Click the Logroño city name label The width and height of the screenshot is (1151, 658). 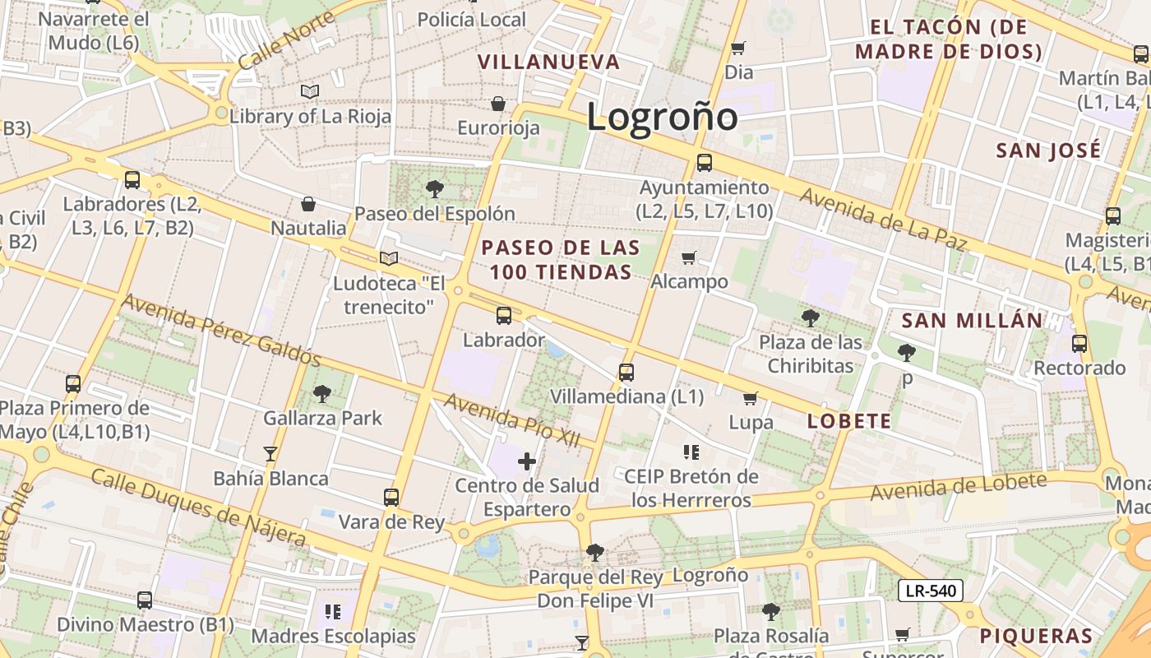click(662, 116)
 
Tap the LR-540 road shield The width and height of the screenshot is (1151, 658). click(930, 591)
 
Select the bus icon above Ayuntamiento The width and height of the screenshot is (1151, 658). click(705, 163)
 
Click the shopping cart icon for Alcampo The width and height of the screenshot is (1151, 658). click(689, 258)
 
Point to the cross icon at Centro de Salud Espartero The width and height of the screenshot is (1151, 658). click(527, 461)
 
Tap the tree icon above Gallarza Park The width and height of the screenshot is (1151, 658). click(322, 394)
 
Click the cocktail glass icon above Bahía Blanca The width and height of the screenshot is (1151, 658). click(270, 454)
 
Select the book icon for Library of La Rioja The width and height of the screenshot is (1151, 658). click(309, 91)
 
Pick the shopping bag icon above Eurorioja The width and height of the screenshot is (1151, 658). click(498, 104)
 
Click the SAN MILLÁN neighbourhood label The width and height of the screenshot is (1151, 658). click(972, 320)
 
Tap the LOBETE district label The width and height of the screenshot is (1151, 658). click(849, 421)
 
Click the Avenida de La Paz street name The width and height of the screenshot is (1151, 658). click(882, 220)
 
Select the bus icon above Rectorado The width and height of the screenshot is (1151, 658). click(1079, 344)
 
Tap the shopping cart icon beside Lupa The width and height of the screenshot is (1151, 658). click(750, 399)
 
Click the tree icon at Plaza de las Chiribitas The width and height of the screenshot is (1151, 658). click(811, 318)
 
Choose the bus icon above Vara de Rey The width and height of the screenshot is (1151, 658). click(391, 498)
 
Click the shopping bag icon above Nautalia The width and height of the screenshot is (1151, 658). click(308, 204)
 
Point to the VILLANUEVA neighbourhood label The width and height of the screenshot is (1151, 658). click(548, 62)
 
